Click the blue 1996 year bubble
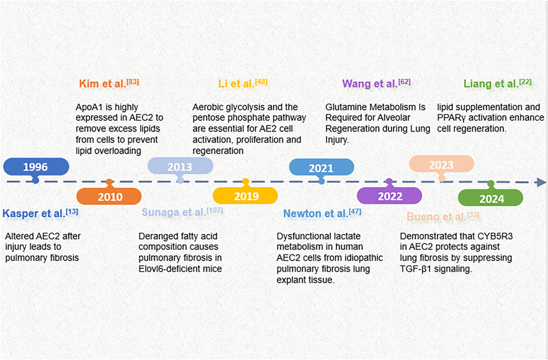[36, 167]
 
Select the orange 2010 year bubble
[109, 196]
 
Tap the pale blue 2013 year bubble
[180, 166]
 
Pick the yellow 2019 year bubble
[245, 195]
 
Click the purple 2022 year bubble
[390, 195]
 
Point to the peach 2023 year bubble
[442, 164]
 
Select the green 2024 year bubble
[491, 197]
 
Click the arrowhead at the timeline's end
[541, 182]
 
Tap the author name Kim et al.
[102, 84]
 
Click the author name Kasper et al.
[34, 213]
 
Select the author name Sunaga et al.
[174, 212]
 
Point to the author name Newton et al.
[315, 213]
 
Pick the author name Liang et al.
[491, 84]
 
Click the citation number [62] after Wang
[404, 82]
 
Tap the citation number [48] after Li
[261, 82]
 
